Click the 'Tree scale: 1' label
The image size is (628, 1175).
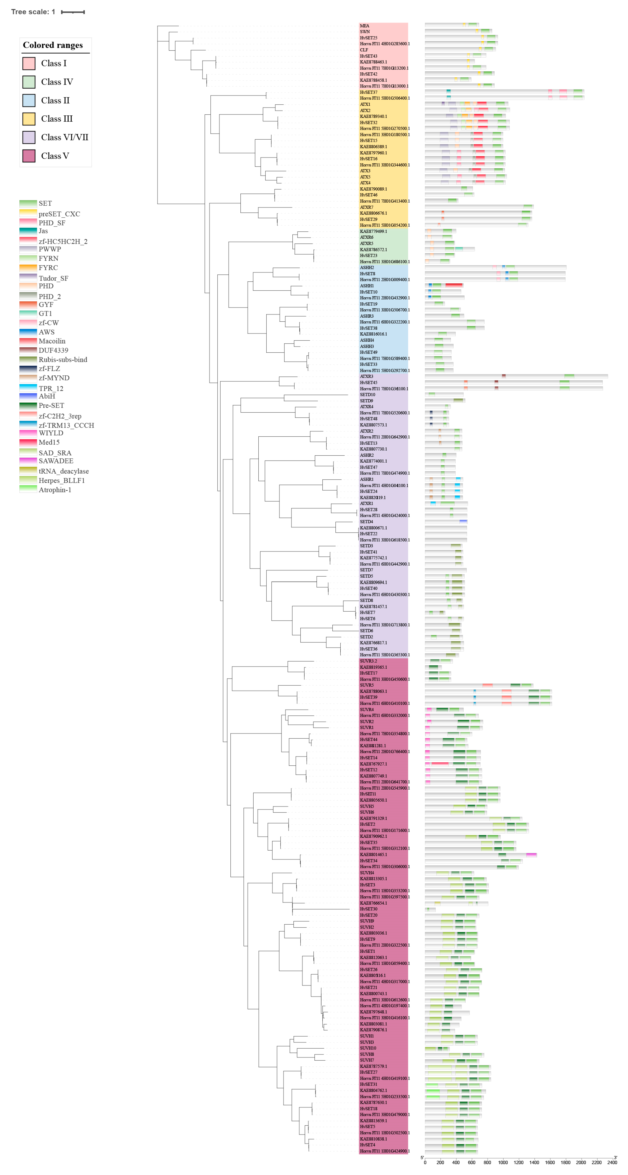tap(33, 12)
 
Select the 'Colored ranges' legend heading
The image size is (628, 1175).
tap(53, 45)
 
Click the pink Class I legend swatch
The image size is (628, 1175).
tap(29, 63)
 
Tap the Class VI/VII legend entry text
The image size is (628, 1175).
tap(64, 137)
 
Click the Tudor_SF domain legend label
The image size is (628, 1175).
tap(53, 278)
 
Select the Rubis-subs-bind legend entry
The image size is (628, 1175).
tap(62, 360)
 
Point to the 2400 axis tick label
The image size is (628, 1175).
tap(612, 1162)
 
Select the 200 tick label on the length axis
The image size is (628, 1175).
tap(440, 1162)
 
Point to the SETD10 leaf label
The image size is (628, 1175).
tap(368, 395)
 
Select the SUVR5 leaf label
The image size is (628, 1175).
tap(367, 685)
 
